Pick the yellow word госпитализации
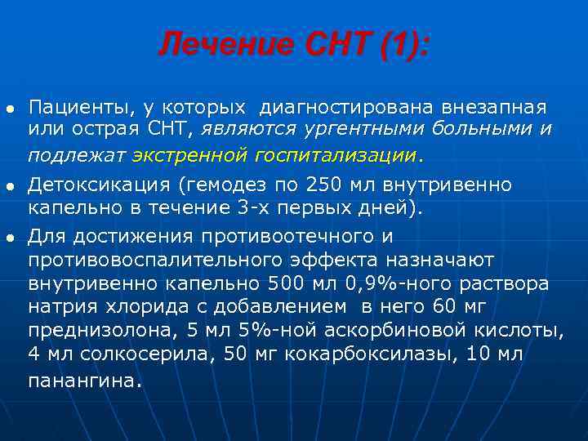pyautogui.click(x=336, y=154)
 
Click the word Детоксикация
pyautogui.click(x=96, y=185)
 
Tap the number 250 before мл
pyautogui.click(x=323, y=185)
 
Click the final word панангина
pyautogui.click(x=82, y=380)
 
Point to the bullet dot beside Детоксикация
pyautogui.click(x=10, y=186)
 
